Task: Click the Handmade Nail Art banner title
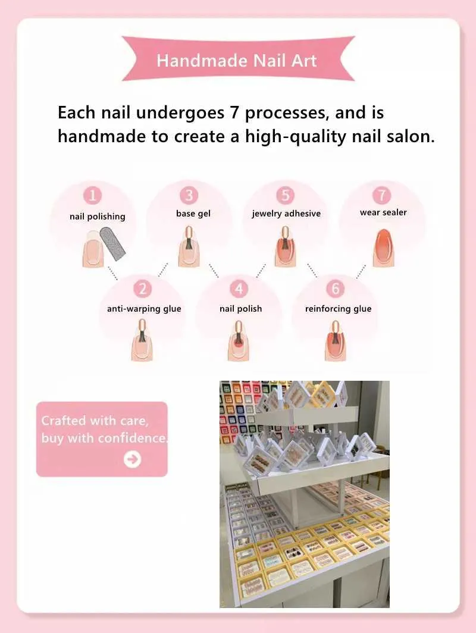tap(237, 61)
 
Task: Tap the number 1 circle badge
tap(92, 195)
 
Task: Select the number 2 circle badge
tap(142, 289)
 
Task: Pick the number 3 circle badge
tap(189, 195)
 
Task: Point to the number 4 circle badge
tap(239, 289)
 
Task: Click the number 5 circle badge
tap(286, 195)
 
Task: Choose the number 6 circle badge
tap(336, 289)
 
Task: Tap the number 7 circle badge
tap(382, 195)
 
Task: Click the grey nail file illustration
tap(112, 243)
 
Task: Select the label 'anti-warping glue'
tap(144, 309)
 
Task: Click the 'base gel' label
tap(193, 214)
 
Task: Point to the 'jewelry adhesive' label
tap(286, 214)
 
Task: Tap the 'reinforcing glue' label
tap(339, 309)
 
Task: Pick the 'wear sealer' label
tap(383, 212)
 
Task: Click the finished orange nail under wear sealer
tap(383, 248)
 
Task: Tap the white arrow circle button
tap(133, 459)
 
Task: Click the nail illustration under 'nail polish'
tap(239, 341)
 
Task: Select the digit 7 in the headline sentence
tap(235, 112)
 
